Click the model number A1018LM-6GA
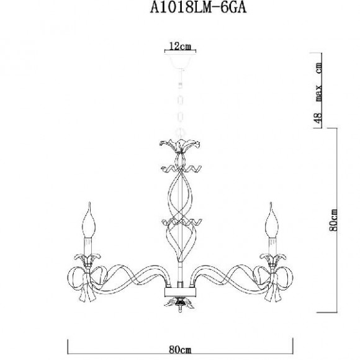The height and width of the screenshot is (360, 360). click(179, 9)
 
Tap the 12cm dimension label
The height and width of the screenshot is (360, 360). click(179, 46)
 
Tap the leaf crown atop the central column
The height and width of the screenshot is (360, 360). click(179, 147)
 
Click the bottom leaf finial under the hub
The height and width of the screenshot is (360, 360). click(179, 305)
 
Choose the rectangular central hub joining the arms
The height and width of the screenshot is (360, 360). click(179, 292)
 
